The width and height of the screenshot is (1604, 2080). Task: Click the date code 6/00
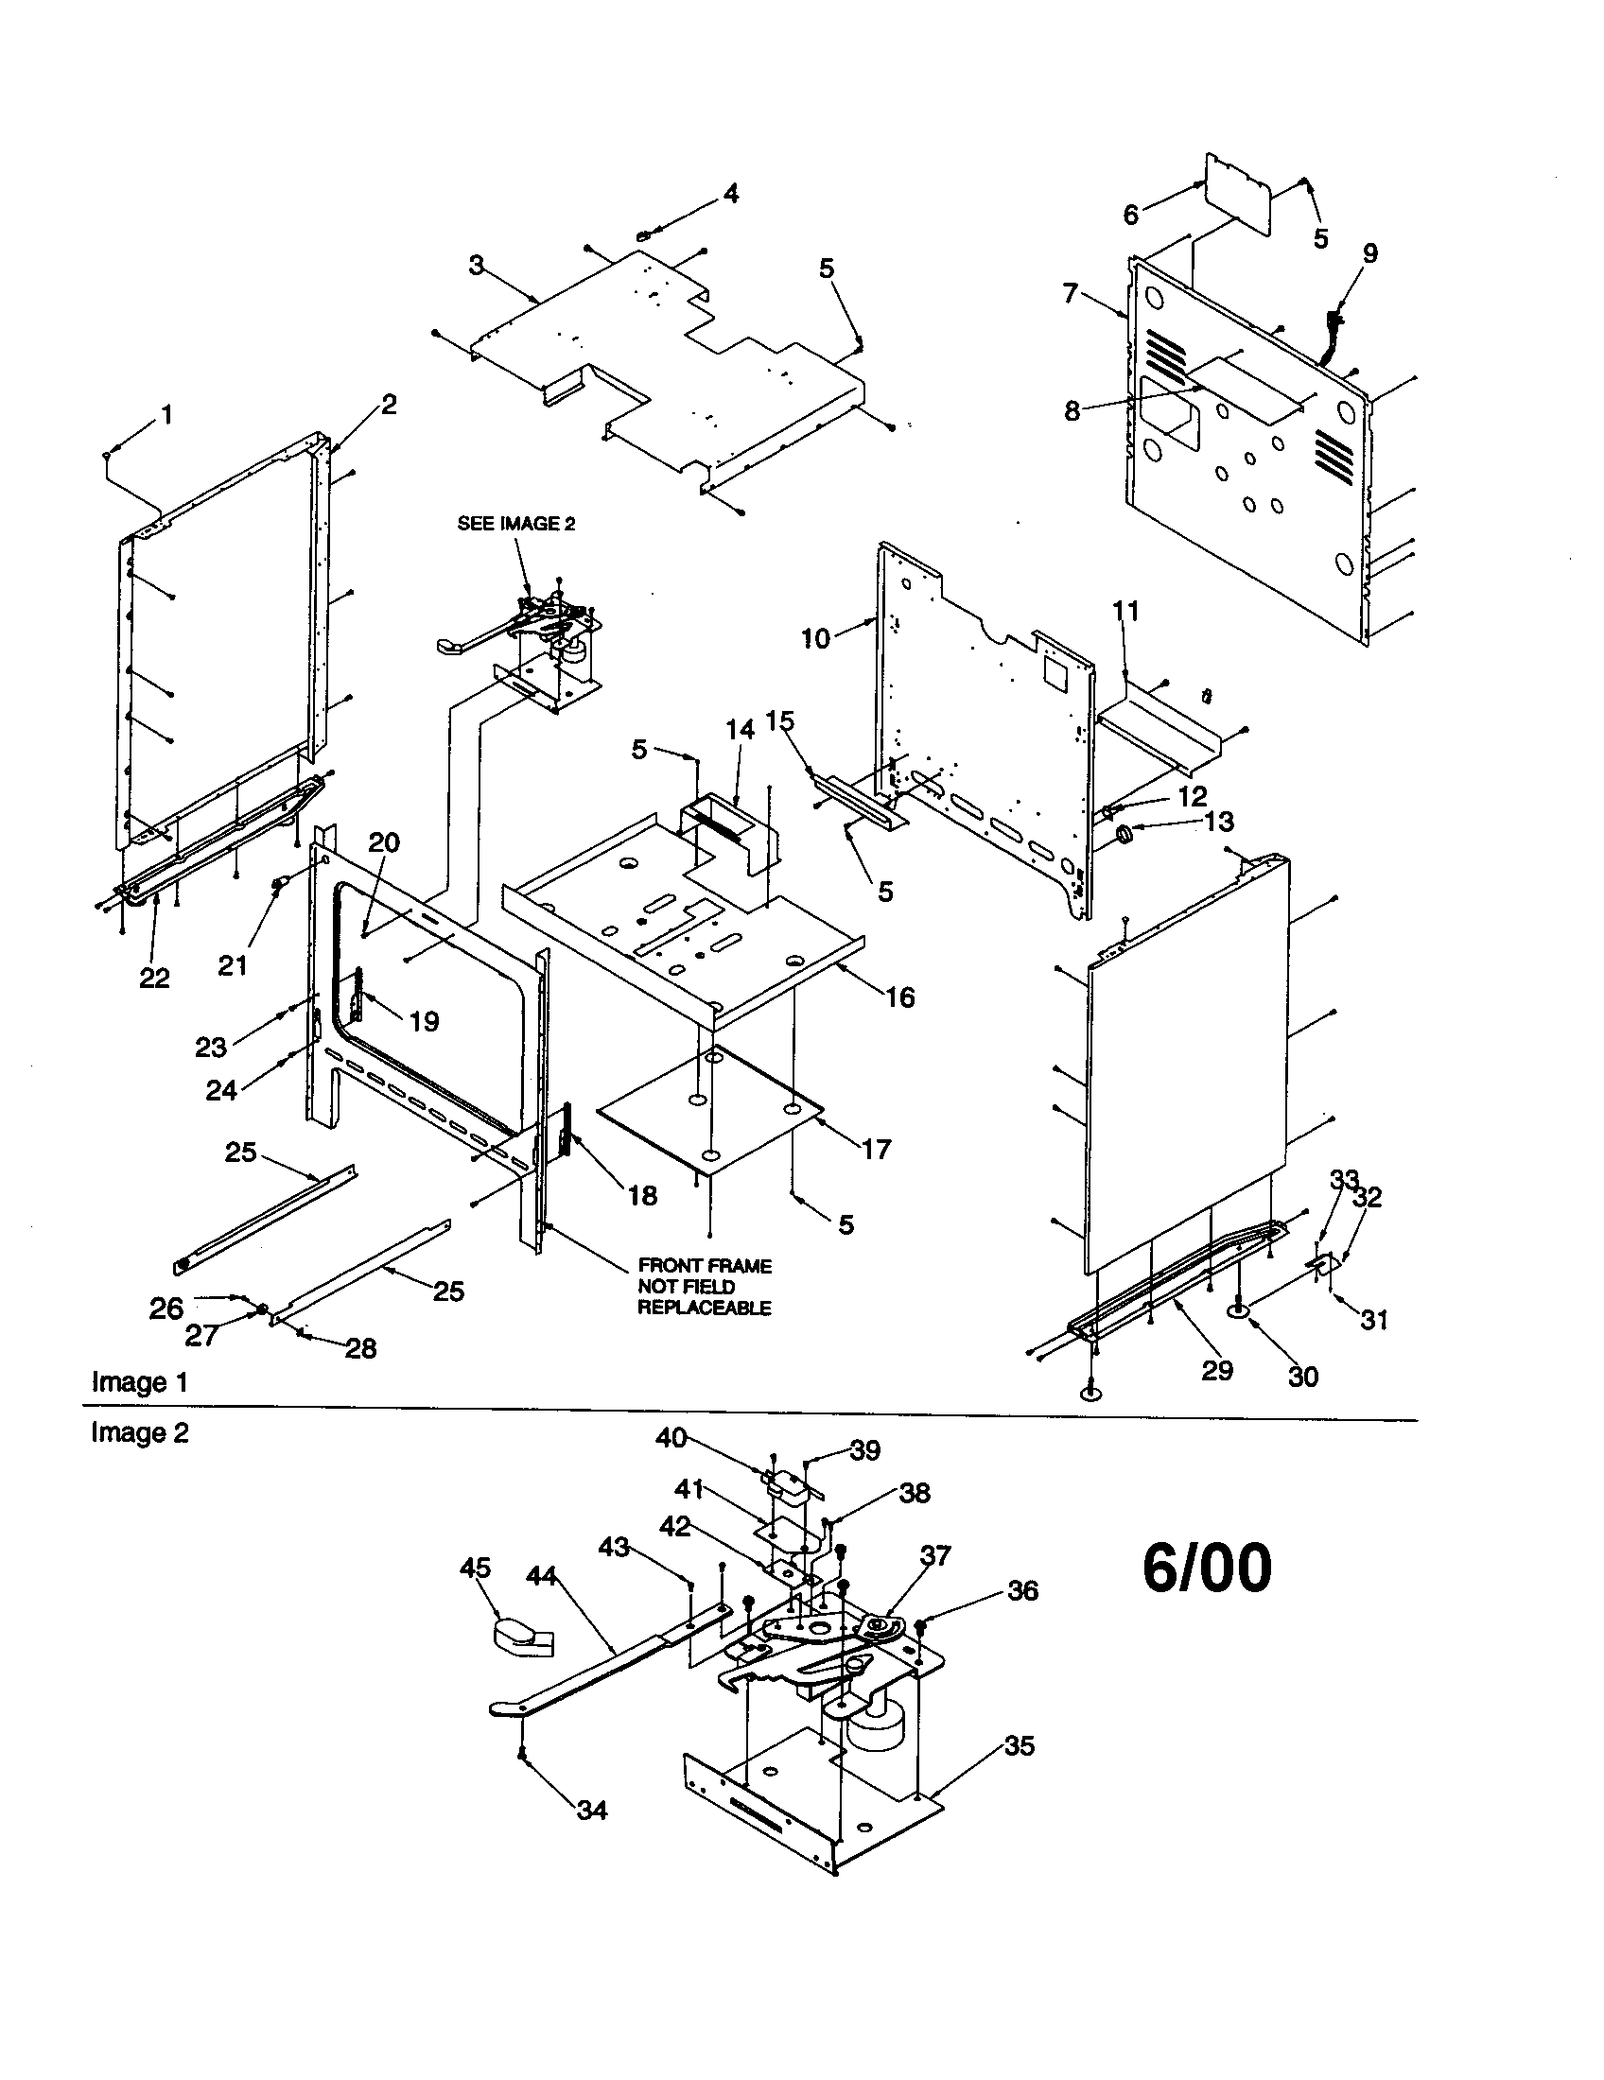[x=1206, y=1569]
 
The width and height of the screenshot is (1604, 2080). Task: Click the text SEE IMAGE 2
[x=516, y=524]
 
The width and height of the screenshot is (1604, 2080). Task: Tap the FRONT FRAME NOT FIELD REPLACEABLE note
[x=704, y=1287]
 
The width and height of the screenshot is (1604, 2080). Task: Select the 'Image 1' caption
[x=139, y=1382]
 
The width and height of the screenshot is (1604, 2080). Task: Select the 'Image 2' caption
[x=139, y=1432]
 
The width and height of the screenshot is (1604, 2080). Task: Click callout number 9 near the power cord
[x=1369, y=253]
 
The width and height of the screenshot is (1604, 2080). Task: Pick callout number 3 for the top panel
[x=477, y=266]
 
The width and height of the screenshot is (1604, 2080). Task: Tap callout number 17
[x=876, y=1149]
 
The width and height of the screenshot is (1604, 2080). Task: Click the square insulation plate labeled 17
[x=709, y=1110]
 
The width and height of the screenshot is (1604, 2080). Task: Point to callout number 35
[x=1020, y=1745]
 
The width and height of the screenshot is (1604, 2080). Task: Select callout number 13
[x=1219, y=821]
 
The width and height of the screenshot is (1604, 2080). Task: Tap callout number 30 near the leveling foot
[x=1302, y=1377]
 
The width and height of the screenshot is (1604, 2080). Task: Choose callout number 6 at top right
[x=1130, y=215]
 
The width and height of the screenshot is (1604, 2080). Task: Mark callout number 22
[x=154, y=978]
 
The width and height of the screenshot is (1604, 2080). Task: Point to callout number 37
[x=935, y=1555]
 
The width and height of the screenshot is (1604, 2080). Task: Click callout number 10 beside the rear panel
[x=815, y=638]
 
